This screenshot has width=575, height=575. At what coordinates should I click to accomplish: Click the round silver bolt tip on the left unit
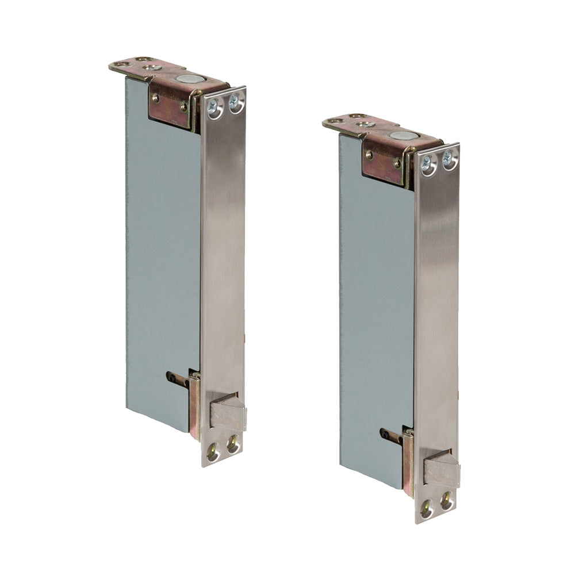point(186,79)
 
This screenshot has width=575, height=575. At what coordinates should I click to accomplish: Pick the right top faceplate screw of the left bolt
point(235,103)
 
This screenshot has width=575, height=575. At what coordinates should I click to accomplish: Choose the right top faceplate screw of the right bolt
point(448,160)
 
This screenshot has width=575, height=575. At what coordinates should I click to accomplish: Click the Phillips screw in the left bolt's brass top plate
point(152,67)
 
